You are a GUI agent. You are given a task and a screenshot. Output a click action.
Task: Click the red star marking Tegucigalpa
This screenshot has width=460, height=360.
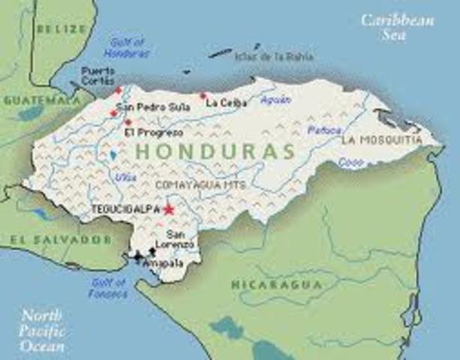169,210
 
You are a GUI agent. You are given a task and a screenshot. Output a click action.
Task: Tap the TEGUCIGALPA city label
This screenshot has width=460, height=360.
125,209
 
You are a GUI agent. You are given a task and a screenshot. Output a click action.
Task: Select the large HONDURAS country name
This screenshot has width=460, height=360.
215,151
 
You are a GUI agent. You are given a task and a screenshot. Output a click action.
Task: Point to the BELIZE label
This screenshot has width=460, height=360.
62,28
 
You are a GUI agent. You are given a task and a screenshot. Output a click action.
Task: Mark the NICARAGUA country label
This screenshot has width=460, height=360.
275,284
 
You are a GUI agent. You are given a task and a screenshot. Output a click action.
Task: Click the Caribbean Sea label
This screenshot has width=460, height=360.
397,27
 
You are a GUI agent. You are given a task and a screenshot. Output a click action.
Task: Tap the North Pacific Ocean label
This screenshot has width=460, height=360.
43,330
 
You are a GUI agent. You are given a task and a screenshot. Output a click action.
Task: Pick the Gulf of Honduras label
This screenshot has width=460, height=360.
130,48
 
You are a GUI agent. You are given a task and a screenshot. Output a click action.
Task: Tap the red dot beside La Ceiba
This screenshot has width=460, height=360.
203,95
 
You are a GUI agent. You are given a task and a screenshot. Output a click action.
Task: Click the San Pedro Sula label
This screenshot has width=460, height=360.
152,107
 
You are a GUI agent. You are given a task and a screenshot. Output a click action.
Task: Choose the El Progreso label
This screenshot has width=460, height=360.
154,133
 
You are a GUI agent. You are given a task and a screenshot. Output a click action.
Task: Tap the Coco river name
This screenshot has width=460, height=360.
350,161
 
